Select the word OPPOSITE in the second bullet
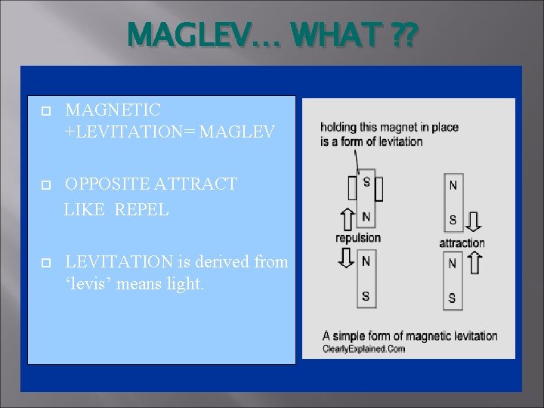click(110, 184)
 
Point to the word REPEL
click(141, 209)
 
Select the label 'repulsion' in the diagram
click(358, 238)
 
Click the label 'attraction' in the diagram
click(462, 243)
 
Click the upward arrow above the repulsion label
click(347, 219)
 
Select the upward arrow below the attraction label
click(474, 262)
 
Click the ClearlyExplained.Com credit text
click(363, 348)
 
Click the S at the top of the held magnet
click(366, 181)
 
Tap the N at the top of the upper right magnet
click(452, 184)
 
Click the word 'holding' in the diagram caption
click(340, 127)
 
